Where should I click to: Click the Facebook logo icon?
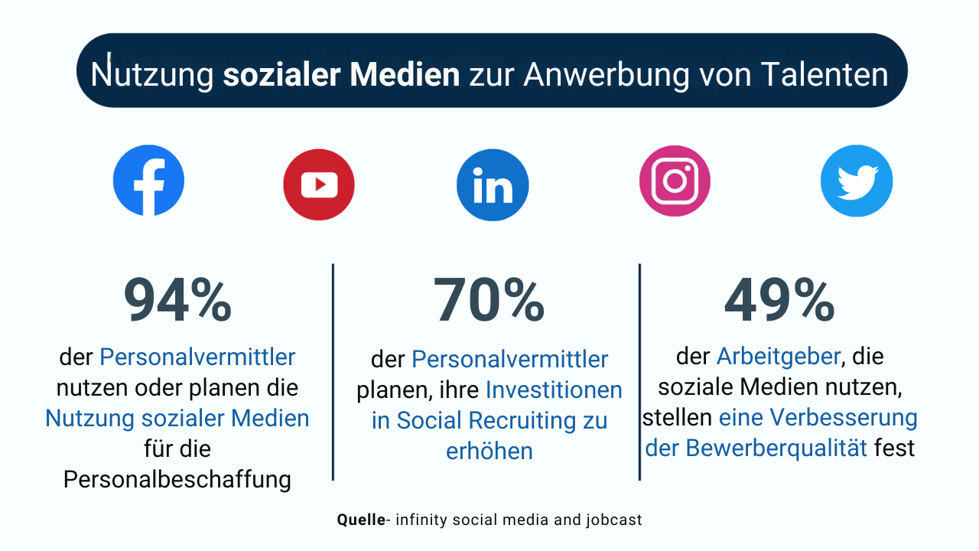[x=148, y=181]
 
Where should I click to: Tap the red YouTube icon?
[x=319, y=184]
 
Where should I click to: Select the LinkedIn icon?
[x=493, y=185]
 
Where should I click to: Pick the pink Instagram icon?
[x=675, y=181]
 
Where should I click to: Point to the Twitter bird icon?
[x=857, y=181]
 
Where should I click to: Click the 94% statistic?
[x=177, y=302]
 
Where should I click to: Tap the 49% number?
[x=779, y=301]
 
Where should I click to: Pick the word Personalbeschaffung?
[x=177, y=479]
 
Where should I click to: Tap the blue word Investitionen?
[x=554, y=390]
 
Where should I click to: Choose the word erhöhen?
[x=489, y=452]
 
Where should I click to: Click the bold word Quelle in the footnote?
[x=362, y=520]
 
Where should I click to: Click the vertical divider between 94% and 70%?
[x=333, y=373]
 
